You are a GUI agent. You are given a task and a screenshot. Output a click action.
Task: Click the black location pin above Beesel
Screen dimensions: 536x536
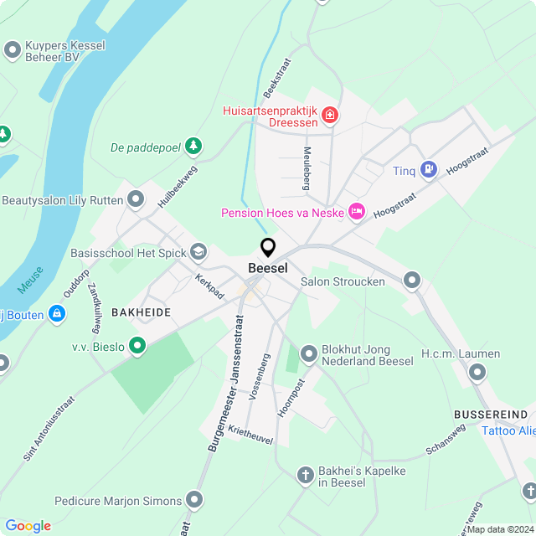click(x=268, y=247)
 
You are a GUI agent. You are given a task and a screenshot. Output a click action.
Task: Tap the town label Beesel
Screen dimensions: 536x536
click(x=268, y=268)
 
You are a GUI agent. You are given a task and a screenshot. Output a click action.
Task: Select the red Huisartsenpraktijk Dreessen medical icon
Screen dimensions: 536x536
click(x=330, y=114)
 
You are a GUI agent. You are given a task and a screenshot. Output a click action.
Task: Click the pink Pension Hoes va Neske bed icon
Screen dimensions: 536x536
click(x=357, y=211)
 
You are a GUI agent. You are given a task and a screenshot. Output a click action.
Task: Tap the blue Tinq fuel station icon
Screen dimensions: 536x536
click(x=429, y=170)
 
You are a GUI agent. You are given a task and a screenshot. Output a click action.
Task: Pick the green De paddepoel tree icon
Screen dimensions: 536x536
click(x=194, y=147)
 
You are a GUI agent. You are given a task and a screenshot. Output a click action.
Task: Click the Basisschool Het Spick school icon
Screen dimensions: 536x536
click(x=198, y=250)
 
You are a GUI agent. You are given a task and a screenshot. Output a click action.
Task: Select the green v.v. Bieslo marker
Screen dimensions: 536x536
click(x=137, y=344)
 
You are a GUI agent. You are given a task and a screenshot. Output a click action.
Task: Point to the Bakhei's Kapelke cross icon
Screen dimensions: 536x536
click(x=307, y=475)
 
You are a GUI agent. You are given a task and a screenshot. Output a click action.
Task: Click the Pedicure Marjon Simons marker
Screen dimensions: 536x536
click(x=195, y=501)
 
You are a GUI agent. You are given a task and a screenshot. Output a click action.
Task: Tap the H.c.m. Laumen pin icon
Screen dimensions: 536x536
click(x=477, y=371)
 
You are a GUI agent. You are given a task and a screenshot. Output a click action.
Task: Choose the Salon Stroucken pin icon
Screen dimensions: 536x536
click(x=411, y=281)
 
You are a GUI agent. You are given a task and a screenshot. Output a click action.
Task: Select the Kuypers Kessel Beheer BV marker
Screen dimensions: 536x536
click(x=12, y=51)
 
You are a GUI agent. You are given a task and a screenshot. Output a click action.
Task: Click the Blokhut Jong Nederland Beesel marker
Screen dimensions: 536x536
click(x=309, y=354)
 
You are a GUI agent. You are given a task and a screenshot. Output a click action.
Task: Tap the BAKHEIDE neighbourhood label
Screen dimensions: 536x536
click(x=141, y=312)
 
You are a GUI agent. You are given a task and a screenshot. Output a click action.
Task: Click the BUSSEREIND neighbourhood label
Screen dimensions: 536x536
click(x=491, y=415)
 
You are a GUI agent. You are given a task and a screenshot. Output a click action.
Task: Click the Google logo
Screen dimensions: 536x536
click(x=28, y=525)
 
